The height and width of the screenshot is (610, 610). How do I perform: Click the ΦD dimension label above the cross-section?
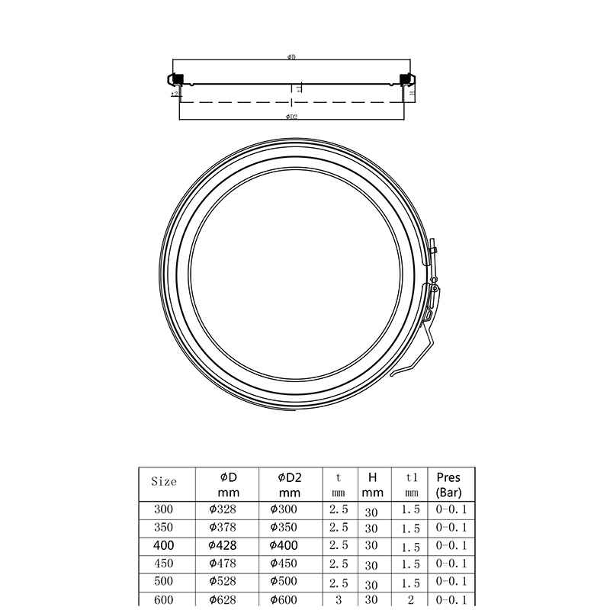(x=292, y=57)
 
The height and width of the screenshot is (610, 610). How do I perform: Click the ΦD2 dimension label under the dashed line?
(x=291, y=117)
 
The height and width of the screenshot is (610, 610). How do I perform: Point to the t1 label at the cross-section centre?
(x=299, y=88)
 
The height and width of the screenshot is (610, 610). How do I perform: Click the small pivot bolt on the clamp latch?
(x=435, y=287)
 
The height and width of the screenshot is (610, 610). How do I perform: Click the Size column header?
(x=164, y=482)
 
